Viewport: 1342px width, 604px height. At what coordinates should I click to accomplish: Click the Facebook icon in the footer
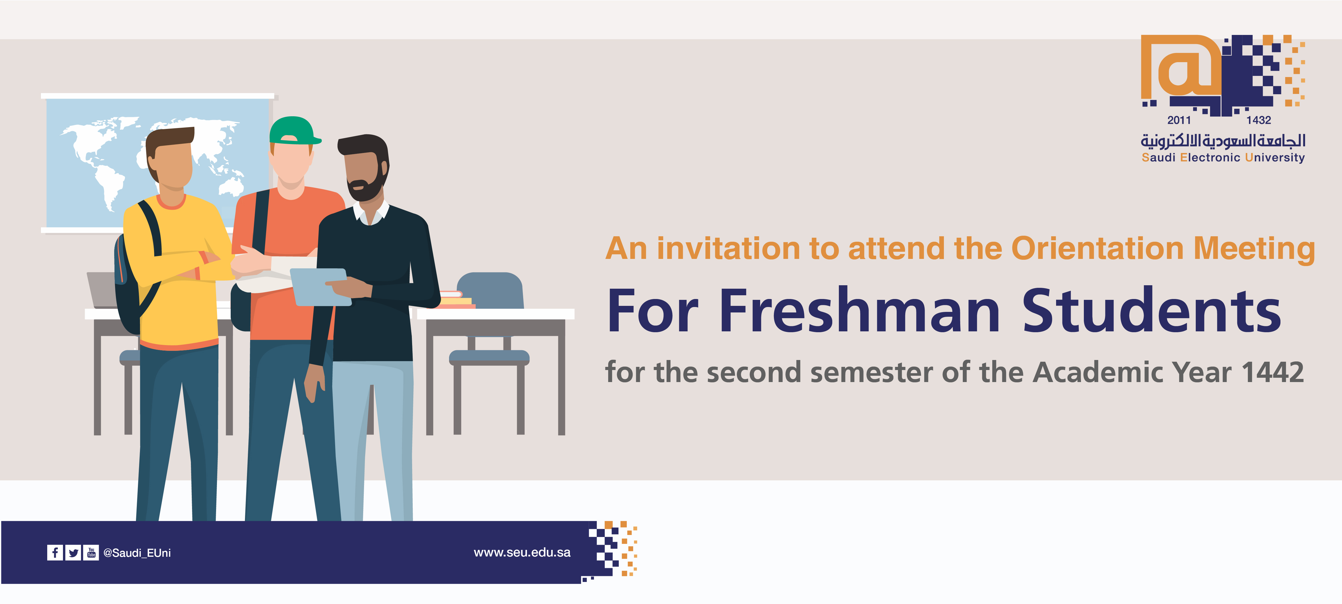(x=55, y=552)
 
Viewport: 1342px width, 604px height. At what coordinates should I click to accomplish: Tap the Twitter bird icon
(x=74, y=552)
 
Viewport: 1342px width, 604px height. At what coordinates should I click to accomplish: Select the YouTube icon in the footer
(x=91, y=552)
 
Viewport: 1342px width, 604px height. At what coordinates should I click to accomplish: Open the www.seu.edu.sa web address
(x=522, y=552)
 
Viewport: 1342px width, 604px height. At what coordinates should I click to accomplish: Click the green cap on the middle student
(x=294, y=130)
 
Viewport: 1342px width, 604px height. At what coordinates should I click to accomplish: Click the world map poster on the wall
(x=157, y=163)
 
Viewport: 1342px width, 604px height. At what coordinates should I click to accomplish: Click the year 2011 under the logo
(x=1179, y=120)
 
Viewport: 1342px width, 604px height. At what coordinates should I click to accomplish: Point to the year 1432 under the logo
(x=1259, y=120)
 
